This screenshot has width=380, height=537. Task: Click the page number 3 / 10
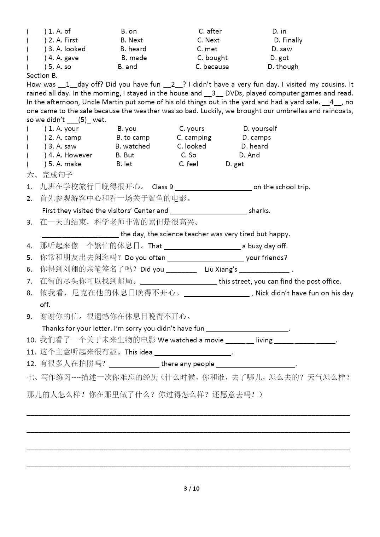pos(192,489)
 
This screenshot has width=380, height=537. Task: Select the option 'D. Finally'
pos(288,40)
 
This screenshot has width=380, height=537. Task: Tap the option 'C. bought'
pos(212,58)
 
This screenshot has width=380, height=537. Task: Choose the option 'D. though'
pos(283,67)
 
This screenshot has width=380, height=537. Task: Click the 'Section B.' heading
pos(42,76)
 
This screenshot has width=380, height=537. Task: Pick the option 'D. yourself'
pos(260,129)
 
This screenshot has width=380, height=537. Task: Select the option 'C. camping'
pos(194,138)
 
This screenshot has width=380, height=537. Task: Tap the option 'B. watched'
pos(133,146)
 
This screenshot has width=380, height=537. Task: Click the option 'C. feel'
pos(188,164)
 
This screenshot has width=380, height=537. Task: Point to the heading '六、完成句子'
pos(49,175)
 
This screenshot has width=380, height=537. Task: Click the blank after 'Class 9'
pos(213,187)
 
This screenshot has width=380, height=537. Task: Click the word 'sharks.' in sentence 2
pos(259,211)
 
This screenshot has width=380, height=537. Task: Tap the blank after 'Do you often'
pos(206,258)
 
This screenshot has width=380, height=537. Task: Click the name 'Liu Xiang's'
pos(221,270)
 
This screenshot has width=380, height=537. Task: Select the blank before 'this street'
pos(179,282)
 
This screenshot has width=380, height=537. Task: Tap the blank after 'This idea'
pos(193,353)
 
